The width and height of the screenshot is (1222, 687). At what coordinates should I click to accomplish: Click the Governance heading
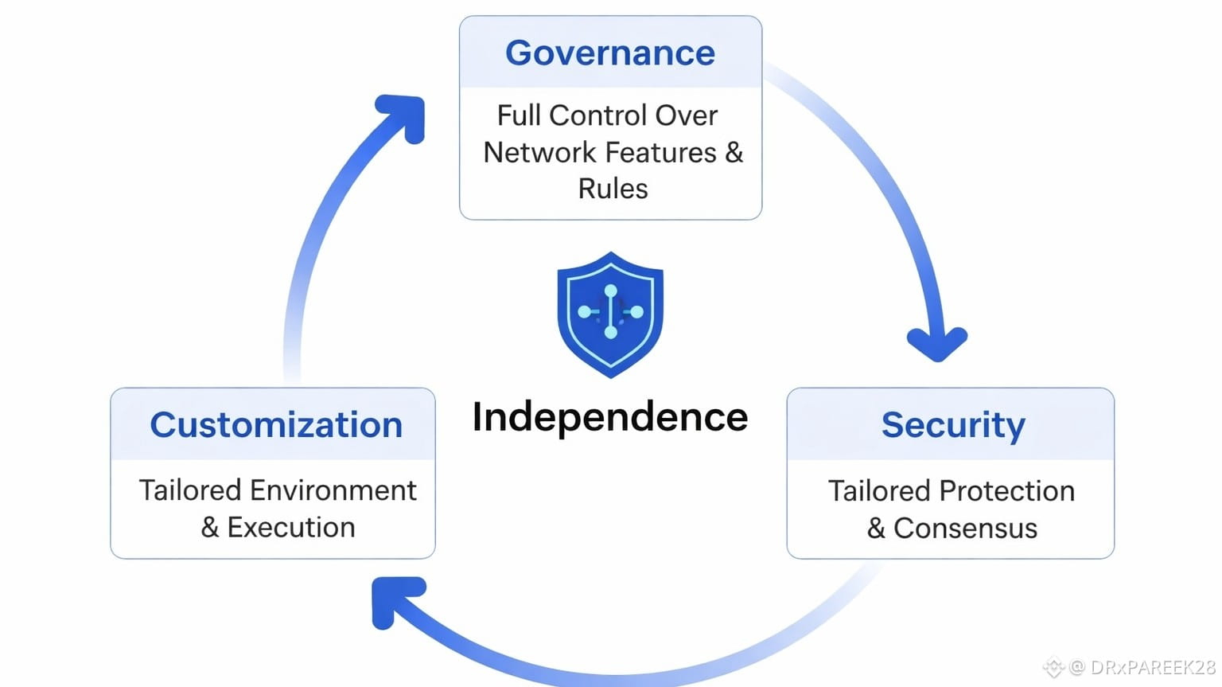(610, 53)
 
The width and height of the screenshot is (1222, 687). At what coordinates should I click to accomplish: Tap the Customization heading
(276, 425)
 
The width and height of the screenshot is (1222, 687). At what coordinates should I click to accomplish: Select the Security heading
(953, 425)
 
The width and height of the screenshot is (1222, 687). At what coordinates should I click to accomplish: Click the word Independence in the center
(610, 417)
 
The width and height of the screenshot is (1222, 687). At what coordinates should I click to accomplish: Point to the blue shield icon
(610, 314)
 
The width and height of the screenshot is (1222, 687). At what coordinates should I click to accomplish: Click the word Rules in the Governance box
(613, 189)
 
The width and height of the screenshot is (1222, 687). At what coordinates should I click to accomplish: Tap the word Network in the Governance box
(532, 152)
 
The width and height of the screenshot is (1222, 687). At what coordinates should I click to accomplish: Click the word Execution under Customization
(291, 527)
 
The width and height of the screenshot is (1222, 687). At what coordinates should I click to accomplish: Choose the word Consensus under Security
(965, 529)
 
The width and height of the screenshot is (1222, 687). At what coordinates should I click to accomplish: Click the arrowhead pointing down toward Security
(937, 344)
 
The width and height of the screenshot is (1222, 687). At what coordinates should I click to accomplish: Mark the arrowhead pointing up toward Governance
(404, 115)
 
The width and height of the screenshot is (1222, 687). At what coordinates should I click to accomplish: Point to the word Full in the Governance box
(519, 115)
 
